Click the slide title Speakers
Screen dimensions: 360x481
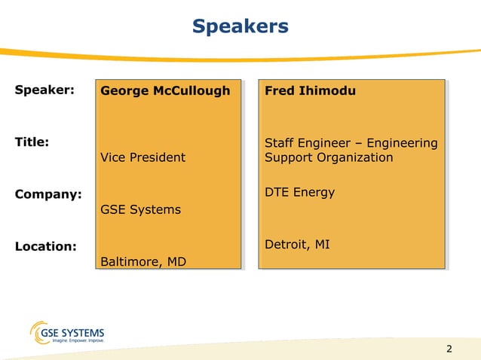(x=240, y=26)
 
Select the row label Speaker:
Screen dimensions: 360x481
(x=44, y=90)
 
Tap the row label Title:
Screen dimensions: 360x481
(x=32, y=142)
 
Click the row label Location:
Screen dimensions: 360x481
(x=45, y=246)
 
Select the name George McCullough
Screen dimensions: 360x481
(x=165, y=91)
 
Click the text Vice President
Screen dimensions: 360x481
(x=142, y=157)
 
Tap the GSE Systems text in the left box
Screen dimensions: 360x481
(x=140, y=209)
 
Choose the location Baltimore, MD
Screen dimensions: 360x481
(x=143, y=261)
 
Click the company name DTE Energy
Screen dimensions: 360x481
(x=299, y=193)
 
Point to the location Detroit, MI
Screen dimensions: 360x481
(x=297, y=245)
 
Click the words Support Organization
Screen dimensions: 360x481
(x=329, y=157)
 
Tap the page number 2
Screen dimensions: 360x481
(x=449, y=349)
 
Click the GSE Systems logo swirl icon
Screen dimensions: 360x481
(x=39, y=332)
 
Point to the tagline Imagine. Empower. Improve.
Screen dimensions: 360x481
(x=76, y=341)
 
